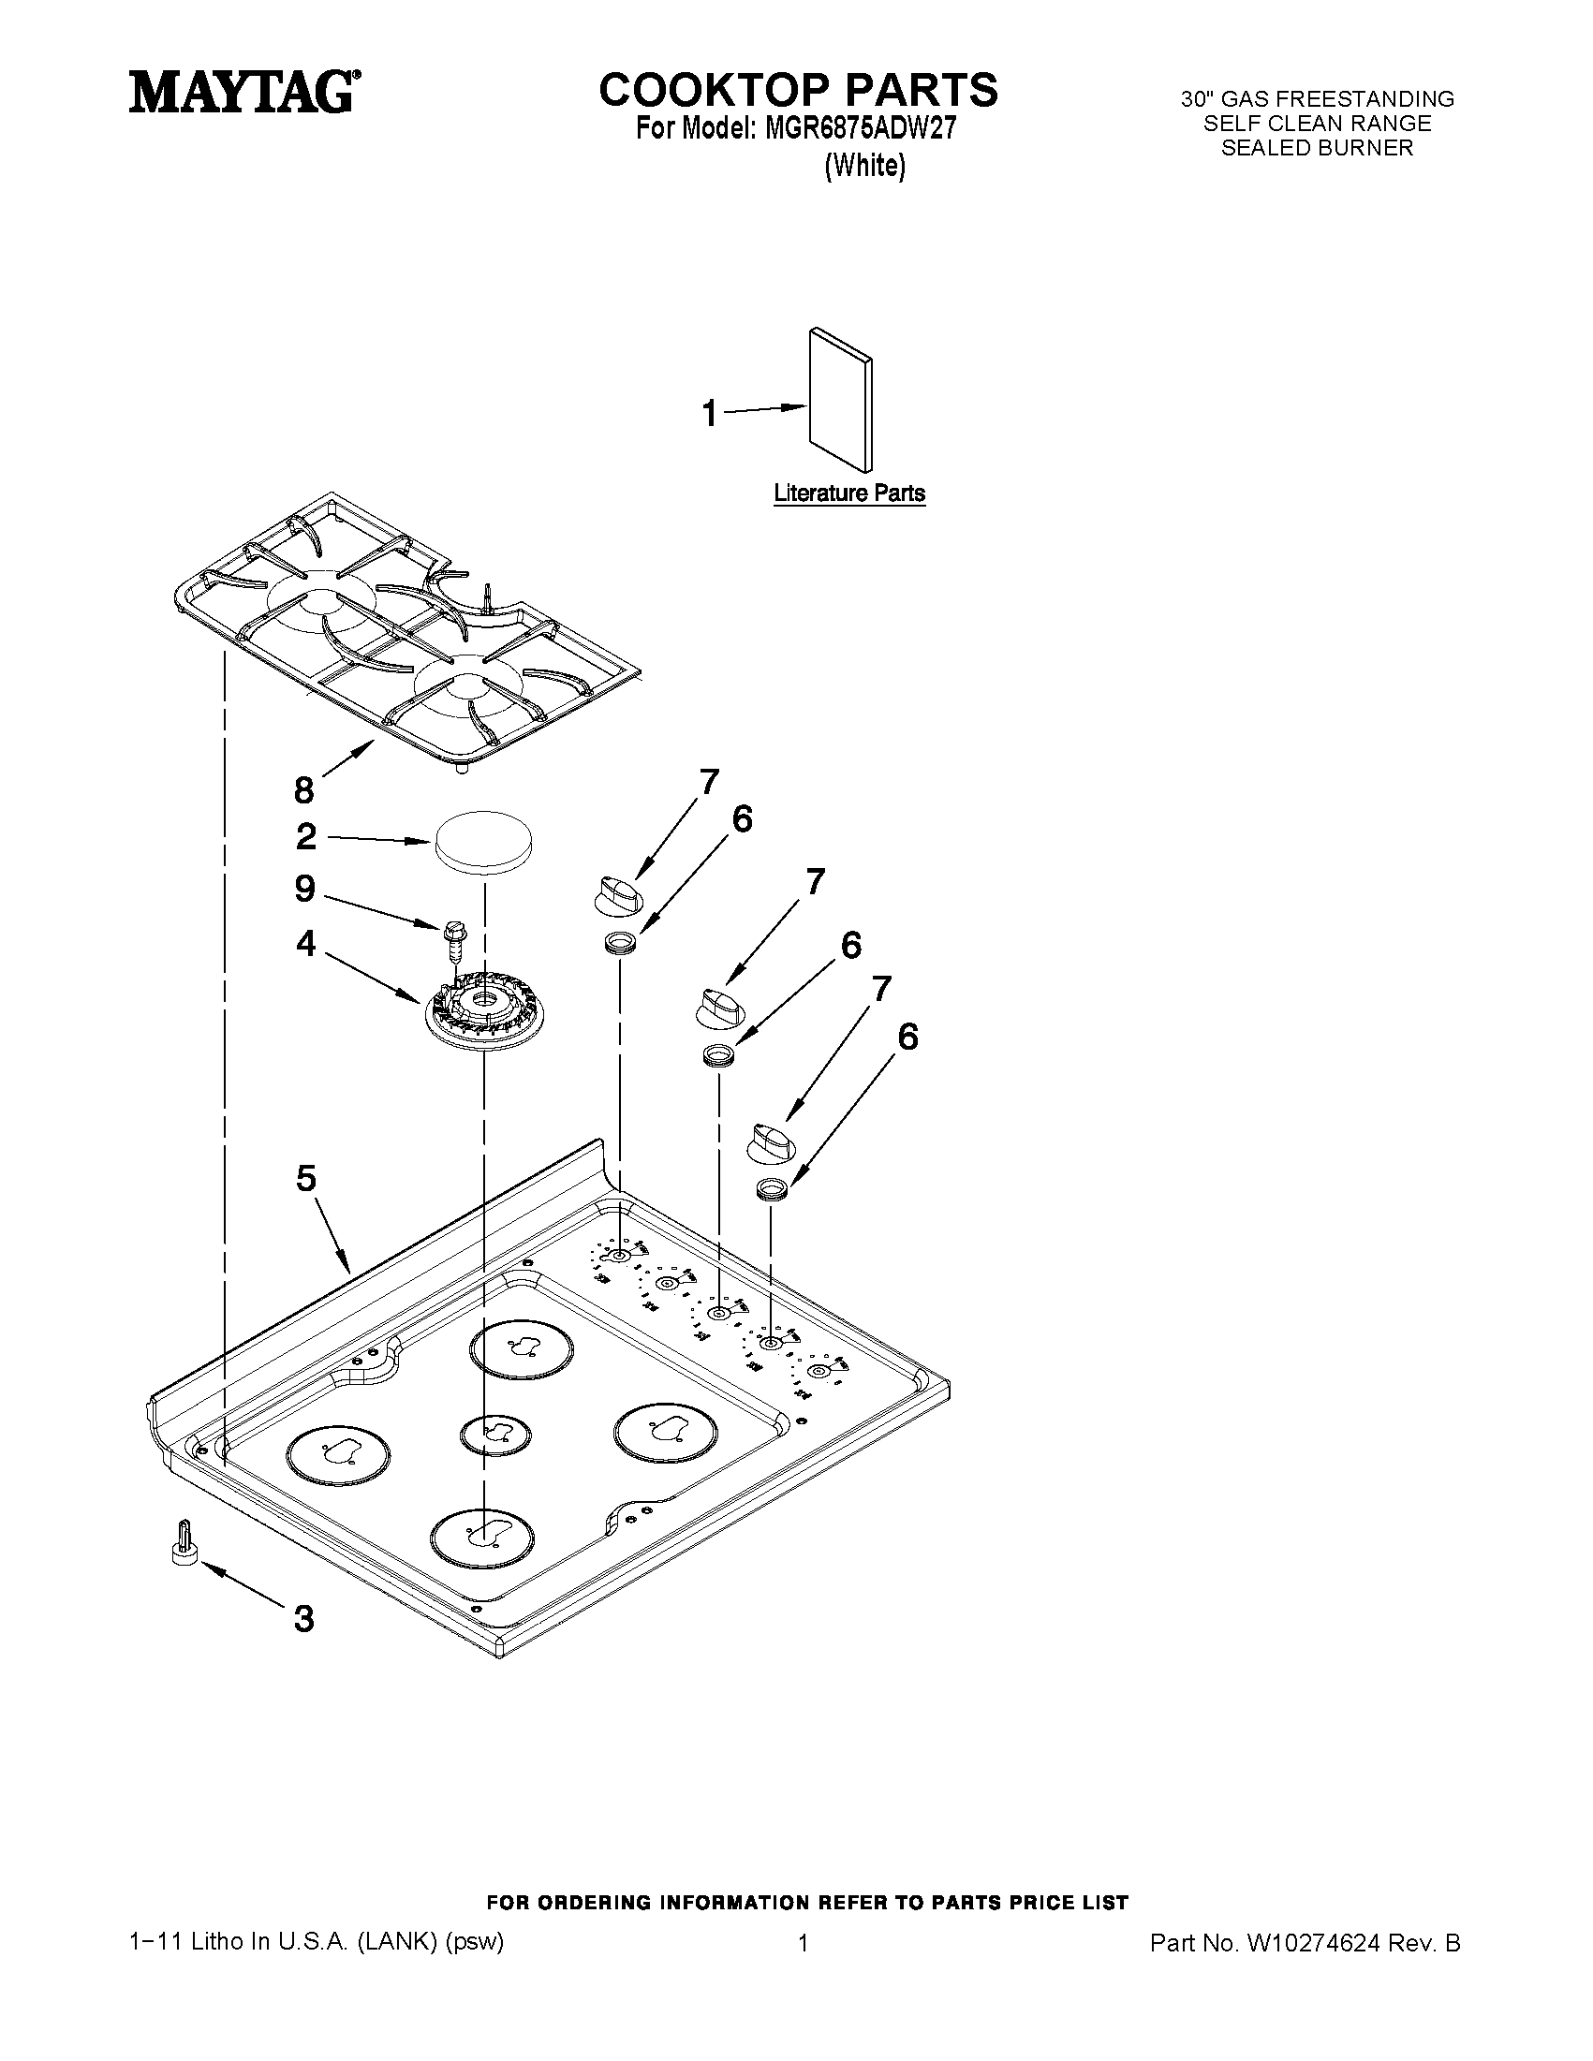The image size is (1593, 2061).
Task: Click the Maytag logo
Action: tap(243, 94)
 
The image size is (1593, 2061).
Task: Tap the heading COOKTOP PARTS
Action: tap(798, 90)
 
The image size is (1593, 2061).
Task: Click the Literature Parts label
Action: tap(848, 493)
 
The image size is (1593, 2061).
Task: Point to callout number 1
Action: tap(710, 413)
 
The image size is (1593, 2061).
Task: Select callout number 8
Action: tap(303, 789)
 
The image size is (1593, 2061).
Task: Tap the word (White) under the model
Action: tap(864, 166)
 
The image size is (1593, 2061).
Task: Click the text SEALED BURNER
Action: tap(1318, 148)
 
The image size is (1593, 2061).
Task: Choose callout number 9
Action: tap(303, 888)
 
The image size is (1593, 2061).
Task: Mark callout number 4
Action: tap(304, 942)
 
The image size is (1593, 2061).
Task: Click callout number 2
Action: tap(305, 836)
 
